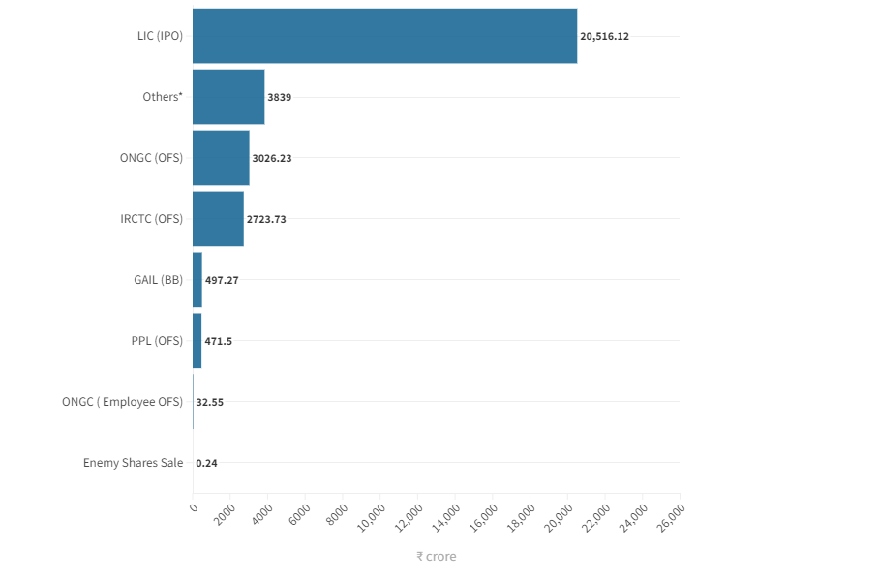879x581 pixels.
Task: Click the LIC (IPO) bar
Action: tap(384, 36)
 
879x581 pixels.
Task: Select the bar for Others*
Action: tap(228, 97)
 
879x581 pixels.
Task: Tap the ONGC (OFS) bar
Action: tap(221, 157)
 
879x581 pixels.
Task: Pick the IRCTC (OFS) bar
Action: tap(218, 218)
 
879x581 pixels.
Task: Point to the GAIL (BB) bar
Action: tap(197, 279)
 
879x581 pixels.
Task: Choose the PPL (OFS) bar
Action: tap(197, 340)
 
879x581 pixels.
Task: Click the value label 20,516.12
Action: tap(604, 36)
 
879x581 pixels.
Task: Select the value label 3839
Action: tap(280, 97)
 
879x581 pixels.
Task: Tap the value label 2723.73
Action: tap(266, 219)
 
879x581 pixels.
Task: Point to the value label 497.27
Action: tap(222, 280)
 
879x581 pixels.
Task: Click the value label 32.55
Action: tap(209, 402)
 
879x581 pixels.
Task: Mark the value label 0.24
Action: tap(206, 463)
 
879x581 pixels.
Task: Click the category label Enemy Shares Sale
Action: tap(133, 462)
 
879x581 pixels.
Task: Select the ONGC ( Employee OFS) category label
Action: tap(122, 401)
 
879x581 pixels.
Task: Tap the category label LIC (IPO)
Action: tap(160, 36)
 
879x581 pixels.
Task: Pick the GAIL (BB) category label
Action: tap(158, 279)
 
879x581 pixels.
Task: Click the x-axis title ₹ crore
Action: tap(436, 557)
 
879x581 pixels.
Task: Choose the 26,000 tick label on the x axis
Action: tap(671, 515)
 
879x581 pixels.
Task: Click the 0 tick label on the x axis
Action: tap(194, 506)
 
